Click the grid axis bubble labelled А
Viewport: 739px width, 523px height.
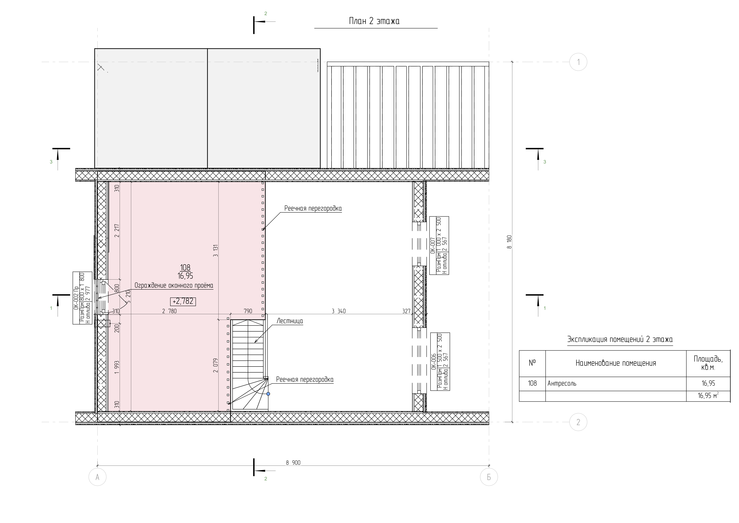pos(98,477)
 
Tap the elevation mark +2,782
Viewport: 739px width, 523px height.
pos(183,301)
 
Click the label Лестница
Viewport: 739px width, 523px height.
pos(290,321)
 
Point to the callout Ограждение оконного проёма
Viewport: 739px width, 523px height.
pos(174,285)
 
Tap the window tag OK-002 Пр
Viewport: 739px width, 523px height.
pos(76,298)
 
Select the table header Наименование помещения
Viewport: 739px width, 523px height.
pos(616,363)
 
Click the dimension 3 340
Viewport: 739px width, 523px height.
pos(339,311)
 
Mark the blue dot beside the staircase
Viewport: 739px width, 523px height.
pos(268,394)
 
